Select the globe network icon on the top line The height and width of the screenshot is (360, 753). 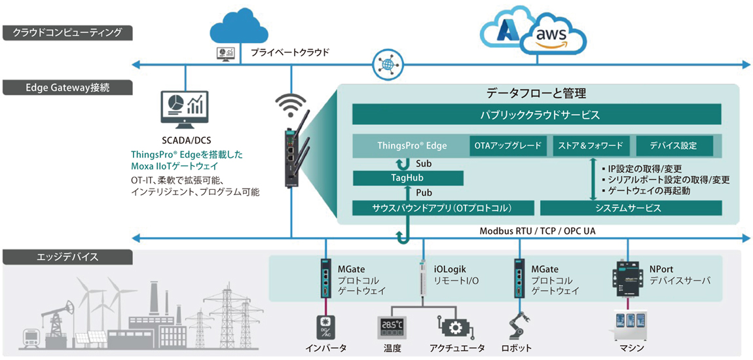tap(386, 63)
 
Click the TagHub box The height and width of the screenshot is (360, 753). tap(408, 179)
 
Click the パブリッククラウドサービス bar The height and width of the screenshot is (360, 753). tap(537, 116)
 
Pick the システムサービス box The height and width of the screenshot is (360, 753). tap(631, 208)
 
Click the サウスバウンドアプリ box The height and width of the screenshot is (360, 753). tap(443, 208)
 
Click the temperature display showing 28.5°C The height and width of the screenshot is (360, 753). tap(392, 325)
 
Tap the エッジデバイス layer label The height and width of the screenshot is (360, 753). tap(68, 257)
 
